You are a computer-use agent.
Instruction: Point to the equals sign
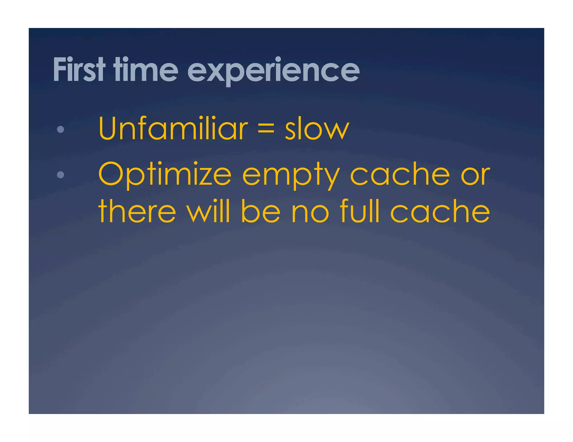tap(266, 129)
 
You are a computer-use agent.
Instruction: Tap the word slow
tap(317, 129)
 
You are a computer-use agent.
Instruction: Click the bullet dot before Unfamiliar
tap(60, 129)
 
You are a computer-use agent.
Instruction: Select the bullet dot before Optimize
tap(60, 175)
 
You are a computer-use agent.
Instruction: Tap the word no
tap(310, 212)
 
